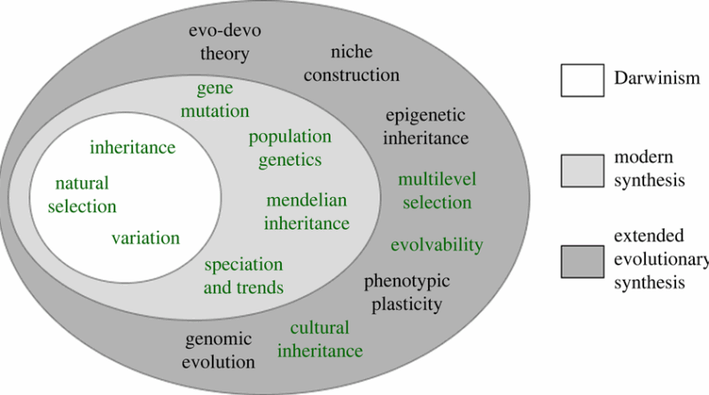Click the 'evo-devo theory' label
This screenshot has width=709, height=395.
click(218, 43)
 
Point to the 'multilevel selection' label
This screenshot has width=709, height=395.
click(437, 191)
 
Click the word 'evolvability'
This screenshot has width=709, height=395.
click(437, 245)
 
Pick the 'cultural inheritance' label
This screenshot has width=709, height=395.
click(320, 339)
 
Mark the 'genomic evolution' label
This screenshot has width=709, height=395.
click(220, 351)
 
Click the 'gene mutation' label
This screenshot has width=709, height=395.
click(223, 101)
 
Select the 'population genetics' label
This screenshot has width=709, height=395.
click(290, 148)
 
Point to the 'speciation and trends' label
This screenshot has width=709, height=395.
click(244, 276)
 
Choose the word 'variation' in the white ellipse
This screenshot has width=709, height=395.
click(145, 238)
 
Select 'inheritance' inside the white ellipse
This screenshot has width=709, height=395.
click(132, 146)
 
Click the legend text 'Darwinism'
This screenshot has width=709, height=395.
click(658, 80)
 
